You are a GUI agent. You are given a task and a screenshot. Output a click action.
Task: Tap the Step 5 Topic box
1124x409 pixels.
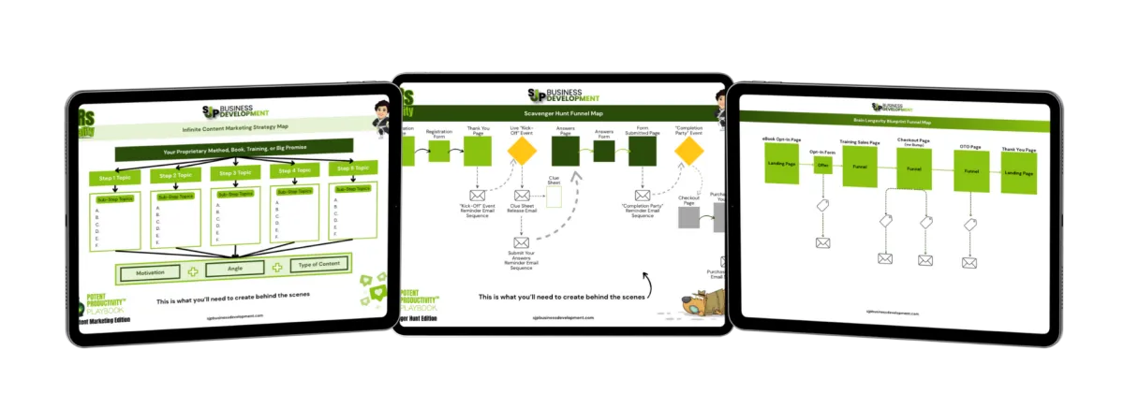pyautogui.click(x=348, y=167)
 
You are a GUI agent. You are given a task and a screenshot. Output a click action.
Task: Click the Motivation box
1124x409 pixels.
pyautogui.click(x=150, y=273)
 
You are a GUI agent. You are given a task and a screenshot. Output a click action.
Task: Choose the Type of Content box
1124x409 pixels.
pyautogui.click(x=318, y=265)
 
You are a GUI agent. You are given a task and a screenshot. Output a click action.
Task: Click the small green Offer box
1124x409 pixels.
pyautogui.click(x=824, y=165)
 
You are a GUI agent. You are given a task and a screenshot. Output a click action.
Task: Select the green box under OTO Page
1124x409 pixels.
pyautogui.click(x=971, y=171)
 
